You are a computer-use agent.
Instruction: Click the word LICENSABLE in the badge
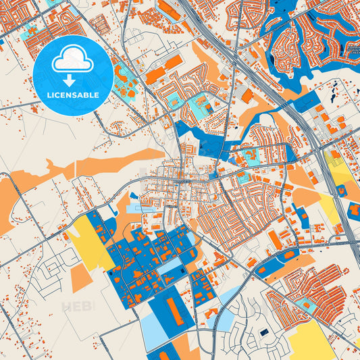click(x=73, y=95)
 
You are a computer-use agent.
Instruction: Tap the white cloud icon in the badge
click(x=73, y=61)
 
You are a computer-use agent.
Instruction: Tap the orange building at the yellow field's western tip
click(x=69, y=232)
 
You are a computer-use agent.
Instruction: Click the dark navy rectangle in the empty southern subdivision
click(x=263, y=332)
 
